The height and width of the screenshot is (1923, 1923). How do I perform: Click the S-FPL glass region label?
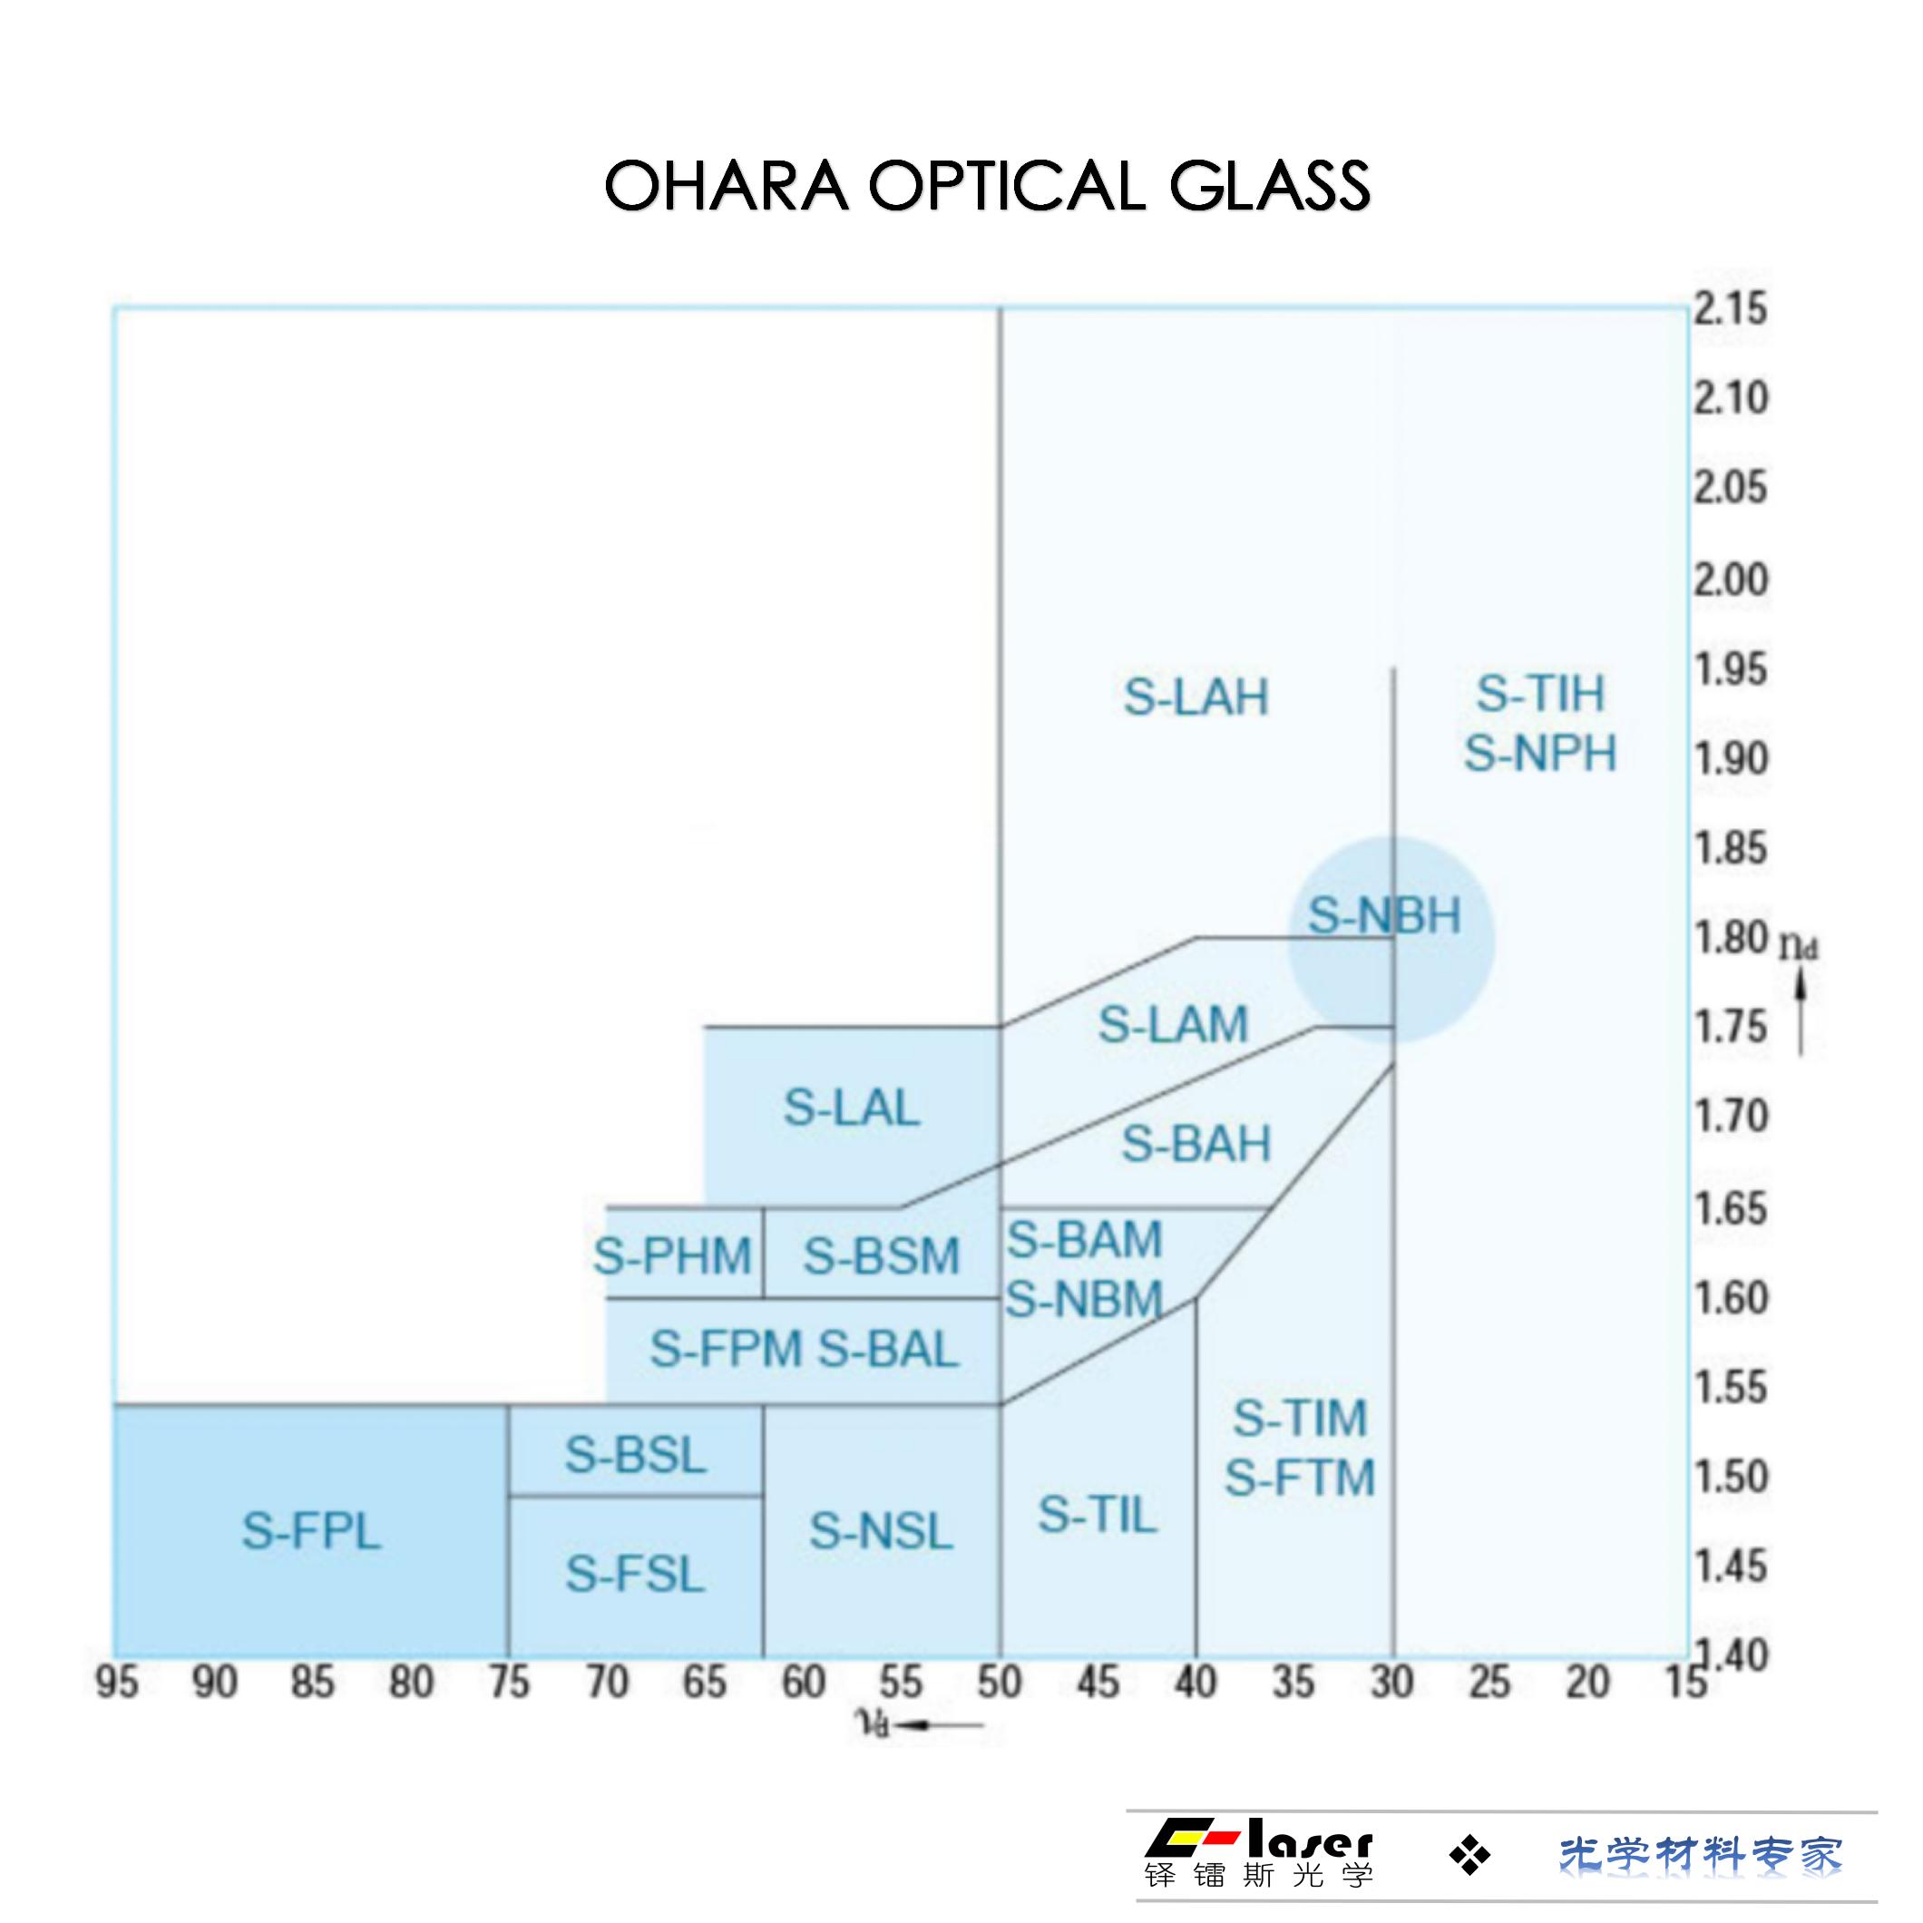(x=311, y=1531)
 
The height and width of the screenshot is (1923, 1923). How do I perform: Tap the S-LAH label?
(x=1196, y=697)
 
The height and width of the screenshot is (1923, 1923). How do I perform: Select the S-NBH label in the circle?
(x=1383, y=916)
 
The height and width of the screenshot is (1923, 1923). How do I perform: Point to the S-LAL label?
(x=851, y=1108)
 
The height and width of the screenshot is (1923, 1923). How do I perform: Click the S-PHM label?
(x=672, y=1255)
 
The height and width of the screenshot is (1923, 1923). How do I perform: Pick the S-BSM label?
(x=881, y=1255)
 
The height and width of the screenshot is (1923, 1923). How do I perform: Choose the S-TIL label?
(x=1098, y=1515)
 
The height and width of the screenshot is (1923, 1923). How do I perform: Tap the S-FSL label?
(x=635, y=1574)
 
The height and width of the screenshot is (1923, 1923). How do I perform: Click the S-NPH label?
(x=1540, y=754)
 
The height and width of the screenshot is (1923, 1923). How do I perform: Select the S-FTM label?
(x=1300, y=1477)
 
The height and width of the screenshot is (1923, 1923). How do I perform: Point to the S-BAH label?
(x=1196, y=1144)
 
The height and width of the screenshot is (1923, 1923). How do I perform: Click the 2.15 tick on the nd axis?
(x=1731, y=308)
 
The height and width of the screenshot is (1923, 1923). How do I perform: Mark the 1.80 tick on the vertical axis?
(x=1731, y=938)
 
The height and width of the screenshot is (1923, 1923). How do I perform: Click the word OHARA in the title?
(x=726, y=186)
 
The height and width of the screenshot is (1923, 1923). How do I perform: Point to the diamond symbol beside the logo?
(x=1469, y=1854)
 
